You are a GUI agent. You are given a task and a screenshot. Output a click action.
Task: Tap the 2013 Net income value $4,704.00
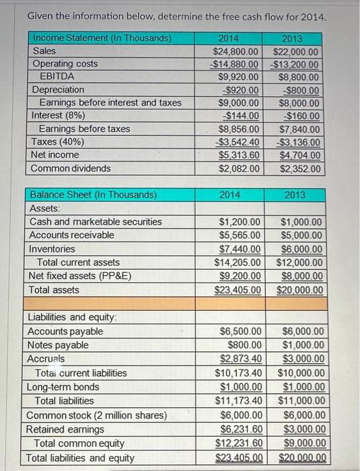[x=299, y=155]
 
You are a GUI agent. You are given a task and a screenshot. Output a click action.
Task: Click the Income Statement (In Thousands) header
[x=102, y=38]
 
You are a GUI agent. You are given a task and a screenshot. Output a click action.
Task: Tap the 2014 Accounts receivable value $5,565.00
[x=241, y=235]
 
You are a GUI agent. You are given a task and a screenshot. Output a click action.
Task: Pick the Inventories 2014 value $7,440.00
[x=241, y=249]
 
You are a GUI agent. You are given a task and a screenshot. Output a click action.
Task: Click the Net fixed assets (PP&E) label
[x=79, y=276]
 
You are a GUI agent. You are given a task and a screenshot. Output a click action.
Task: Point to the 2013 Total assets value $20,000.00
[x=300, y=290]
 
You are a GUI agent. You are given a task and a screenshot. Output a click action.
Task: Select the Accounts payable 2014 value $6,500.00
[x=241, y=331]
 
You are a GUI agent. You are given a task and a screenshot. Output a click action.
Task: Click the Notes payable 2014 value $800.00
[x=245, y=345]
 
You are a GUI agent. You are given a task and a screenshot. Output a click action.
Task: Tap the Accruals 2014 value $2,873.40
[x=241, y=359]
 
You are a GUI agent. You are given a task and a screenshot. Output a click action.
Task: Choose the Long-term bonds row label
[x=63, y=387]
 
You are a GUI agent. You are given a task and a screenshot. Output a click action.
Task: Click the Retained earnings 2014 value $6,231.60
[x=241, y=429]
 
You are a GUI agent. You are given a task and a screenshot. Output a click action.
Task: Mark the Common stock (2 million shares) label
[x=96, y=415]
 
